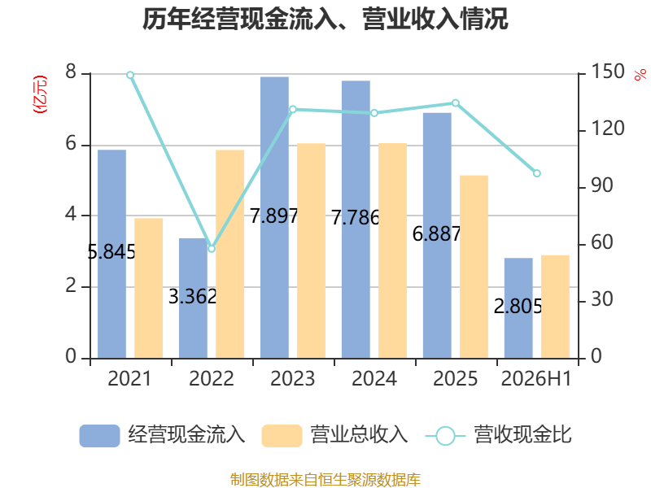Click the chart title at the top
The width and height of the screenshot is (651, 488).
[325, 19]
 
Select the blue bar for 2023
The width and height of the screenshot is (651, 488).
[274, 217]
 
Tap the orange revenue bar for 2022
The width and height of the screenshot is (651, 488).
[230, 254]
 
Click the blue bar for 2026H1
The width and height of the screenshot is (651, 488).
[518, 308]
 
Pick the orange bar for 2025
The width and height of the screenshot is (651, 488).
[474, 267]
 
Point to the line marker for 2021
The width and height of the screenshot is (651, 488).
[130, 75]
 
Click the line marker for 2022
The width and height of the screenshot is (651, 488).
[212, 249]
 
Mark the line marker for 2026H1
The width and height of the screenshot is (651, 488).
[537, 173]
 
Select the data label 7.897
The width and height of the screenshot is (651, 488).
[274, 216]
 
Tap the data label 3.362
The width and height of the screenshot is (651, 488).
[193, 296]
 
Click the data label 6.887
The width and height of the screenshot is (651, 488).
[437, 233]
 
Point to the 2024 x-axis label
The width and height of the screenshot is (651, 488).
[374, 378]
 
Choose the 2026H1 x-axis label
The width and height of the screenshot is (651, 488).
[536, 378]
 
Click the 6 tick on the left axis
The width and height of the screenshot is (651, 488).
[71, 144]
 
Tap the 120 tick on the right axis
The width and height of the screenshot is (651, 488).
[607, 129]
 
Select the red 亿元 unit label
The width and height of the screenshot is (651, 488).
[40, 94]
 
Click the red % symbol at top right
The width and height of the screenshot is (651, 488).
[640, 75]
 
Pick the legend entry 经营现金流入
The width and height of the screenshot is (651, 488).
[162, 435]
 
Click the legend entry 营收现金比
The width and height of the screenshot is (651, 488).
[499, 435]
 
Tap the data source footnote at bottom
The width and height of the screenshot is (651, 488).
[325, 480]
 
